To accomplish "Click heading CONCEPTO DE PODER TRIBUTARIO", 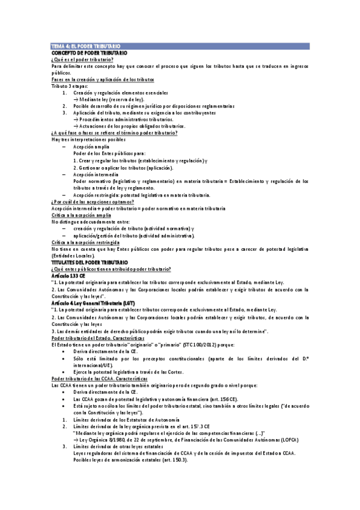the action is (89, 53).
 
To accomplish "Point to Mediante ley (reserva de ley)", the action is (109, 99).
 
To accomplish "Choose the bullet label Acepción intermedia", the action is (96, 173).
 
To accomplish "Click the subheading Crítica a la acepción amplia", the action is (81, 215).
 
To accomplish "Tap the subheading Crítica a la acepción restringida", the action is (87, 242).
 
